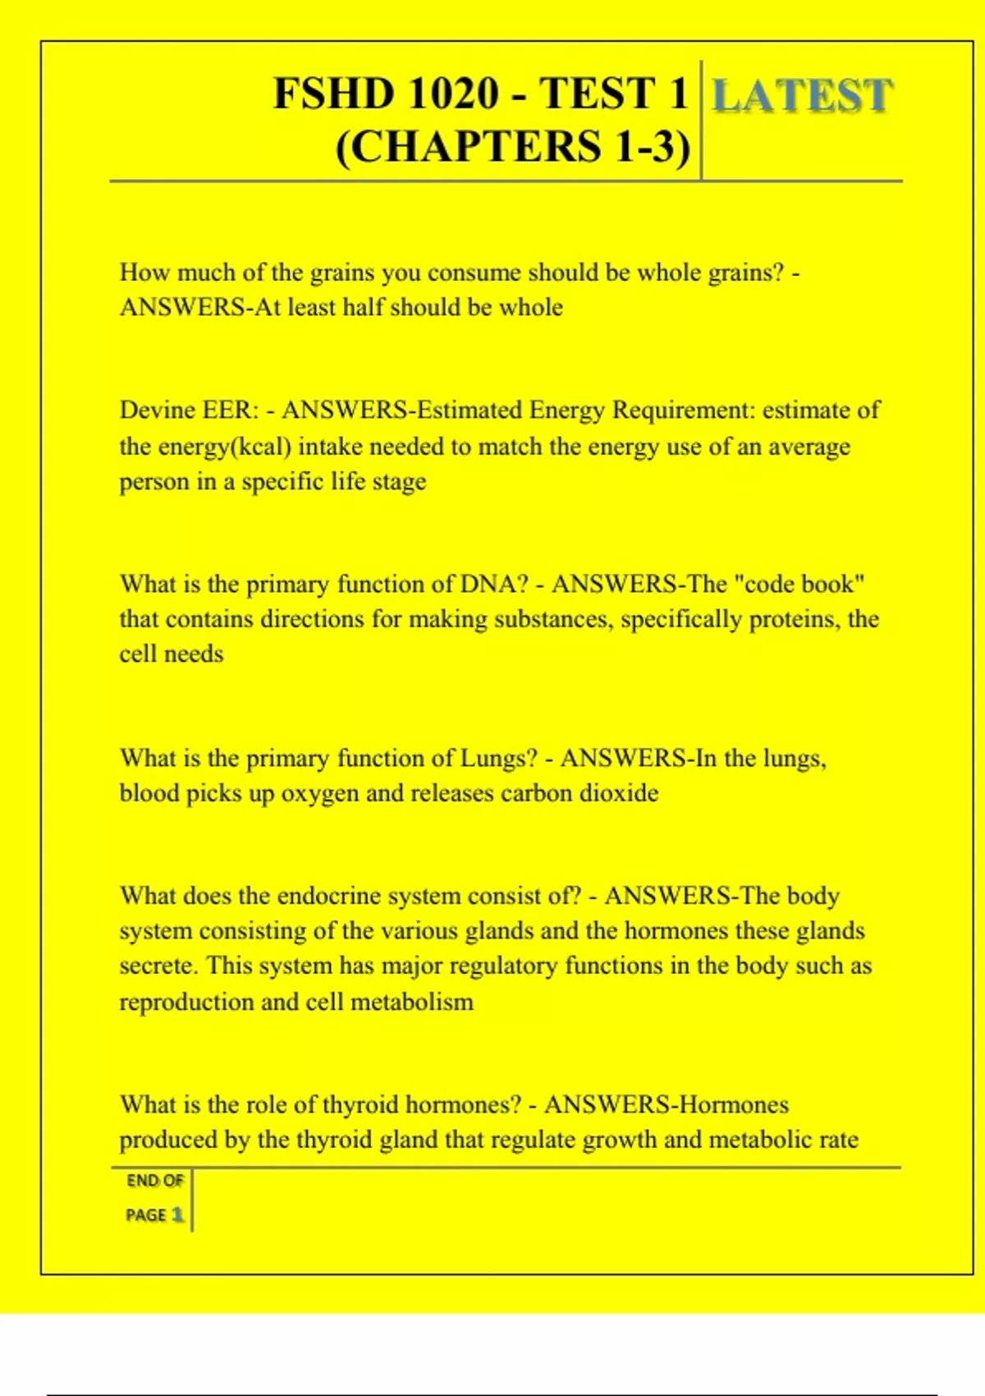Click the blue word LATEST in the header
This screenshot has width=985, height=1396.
[x=801, y=95]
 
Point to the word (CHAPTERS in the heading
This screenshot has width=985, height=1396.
[x=469, y=148]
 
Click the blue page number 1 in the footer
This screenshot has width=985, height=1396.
[x=177, y=1215]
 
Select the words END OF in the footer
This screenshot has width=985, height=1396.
[x=154, y=1181]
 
